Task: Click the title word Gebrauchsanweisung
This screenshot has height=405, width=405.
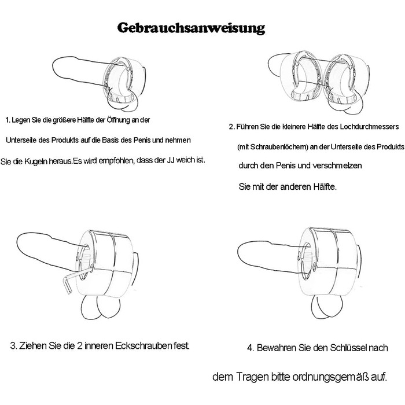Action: (x=191, y=28)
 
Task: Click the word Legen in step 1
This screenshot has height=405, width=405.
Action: (x=21, y=120)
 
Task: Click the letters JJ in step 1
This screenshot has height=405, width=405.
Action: (x=170, y=160)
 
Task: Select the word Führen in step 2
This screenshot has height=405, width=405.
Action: (x=247, y=127)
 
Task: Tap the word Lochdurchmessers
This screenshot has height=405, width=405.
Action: (x=369, y=127)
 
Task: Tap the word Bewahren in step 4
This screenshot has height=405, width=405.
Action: (x=277, y=348)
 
